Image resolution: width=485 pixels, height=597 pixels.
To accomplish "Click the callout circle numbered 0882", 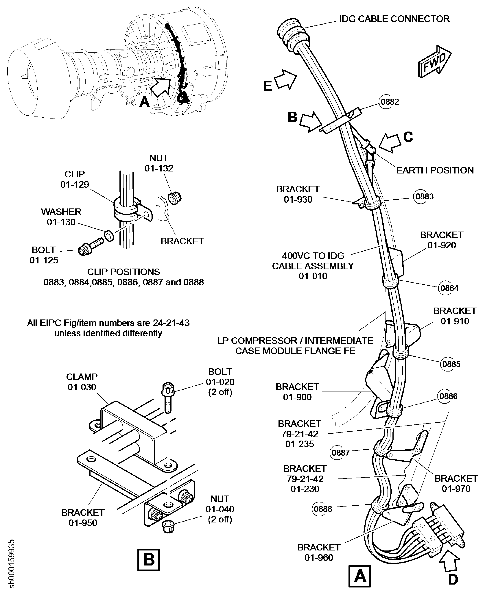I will point(390,102).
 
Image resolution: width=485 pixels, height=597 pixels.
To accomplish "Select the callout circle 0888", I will point(323,509).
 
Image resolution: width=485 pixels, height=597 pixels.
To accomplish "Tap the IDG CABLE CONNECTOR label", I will point(394,19).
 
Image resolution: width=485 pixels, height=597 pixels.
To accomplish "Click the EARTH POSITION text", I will point(435,170).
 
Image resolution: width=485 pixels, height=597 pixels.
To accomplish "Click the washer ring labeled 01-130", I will point(109,236).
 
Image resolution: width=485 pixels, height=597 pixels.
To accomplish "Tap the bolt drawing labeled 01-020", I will point(168,397).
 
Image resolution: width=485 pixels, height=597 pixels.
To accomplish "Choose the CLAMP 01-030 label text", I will point(82,382).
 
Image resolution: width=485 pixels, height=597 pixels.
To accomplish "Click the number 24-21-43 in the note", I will point(171,323).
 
